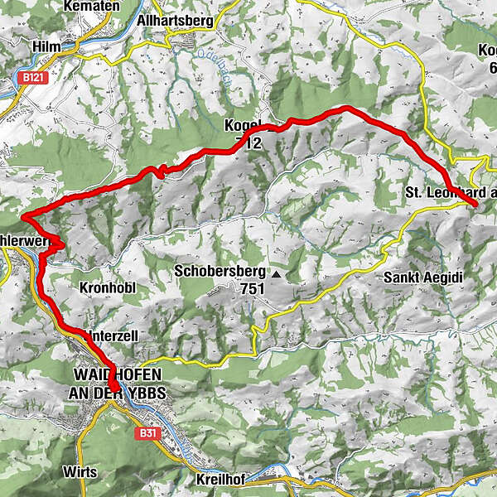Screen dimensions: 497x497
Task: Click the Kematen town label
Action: click(97, 6)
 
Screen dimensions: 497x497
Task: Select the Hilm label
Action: click(47, 47)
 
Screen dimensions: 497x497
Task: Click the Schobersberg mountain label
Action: click(220, 271)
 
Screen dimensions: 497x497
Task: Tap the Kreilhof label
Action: click(220, 480)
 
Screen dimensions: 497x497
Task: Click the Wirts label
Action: click(80, 472)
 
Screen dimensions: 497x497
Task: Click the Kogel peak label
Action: click(243, 126)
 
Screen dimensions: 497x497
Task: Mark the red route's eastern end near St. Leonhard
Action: click(475, 203)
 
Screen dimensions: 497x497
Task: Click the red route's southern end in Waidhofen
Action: click(118, 389)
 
